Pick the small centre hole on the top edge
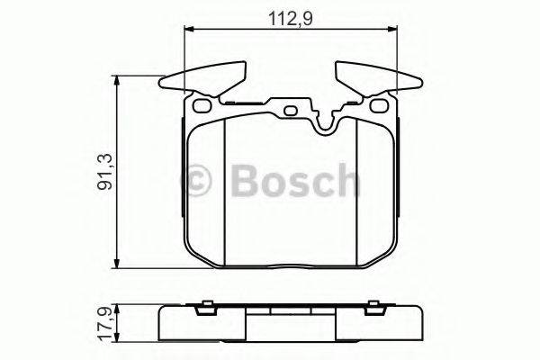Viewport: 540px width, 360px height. click(x=291, y=112)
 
